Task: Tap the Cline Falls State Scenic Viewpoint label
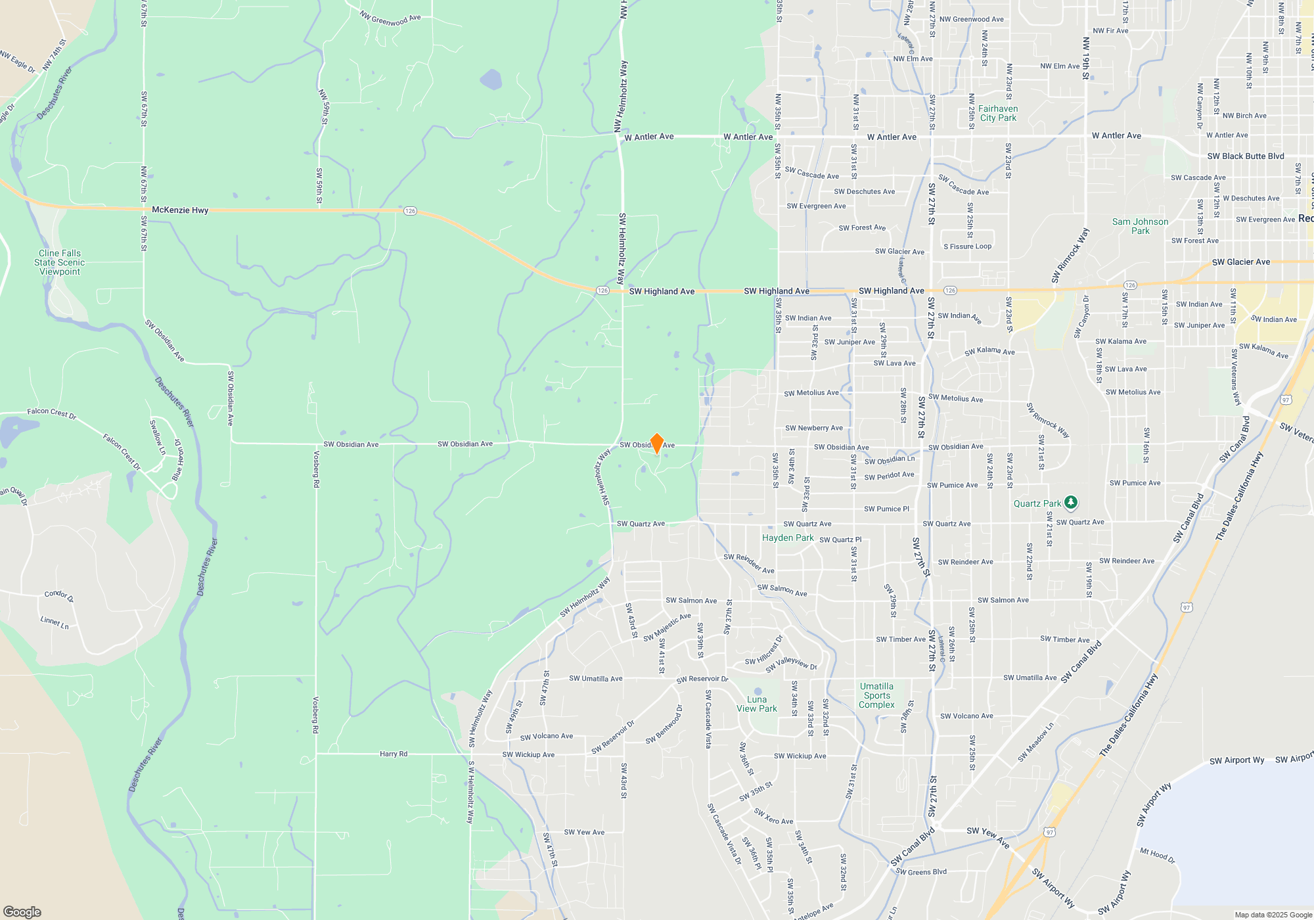[60, 262]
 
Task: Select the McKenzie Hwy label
[180, 210]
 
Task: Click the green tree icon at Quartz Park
[1071, 503]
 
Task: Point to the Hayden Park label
[788, 538]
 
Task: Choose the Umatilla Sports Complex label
[876, 695]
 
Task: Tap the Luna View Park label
[757, 704]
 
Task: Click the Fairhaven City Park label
[998, 113]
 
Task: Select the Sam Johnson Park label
[1141, 226]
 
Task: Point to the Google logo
[22, 911]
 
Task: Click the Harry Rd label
[394, 754]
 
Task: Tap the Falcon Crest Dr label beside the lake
[52, 413]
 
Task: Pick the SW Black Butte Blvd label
[1246, 156]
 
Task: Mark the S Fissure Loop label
[968, 246]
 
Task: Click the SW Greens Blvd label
[921, 872]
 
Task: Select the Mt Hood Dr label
[1157, 855]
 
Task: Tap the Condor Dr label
[59, 595]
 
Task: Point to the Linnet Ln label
[55, 622]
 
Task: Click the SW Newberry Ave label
[814, 428]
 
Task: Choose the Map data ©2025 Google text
[1273, 915]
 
